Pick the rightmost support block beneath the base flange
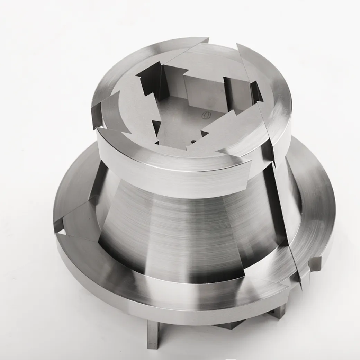click(x=279, y=313)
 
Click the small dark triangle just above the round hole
click(x=204, y=133)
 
